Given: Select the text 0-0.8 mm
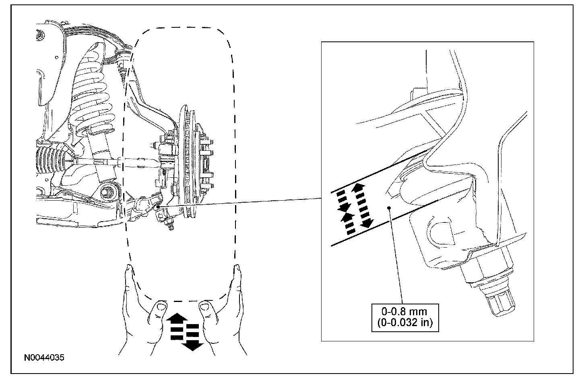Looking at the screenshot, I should coord(404,311).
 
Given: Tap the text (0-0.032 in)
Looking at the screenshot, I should coord(404,322).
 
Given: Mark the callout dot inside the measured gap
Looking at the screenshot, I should coord(389,207).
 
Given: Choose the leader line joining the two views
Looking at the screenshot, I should coord(241,202).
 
